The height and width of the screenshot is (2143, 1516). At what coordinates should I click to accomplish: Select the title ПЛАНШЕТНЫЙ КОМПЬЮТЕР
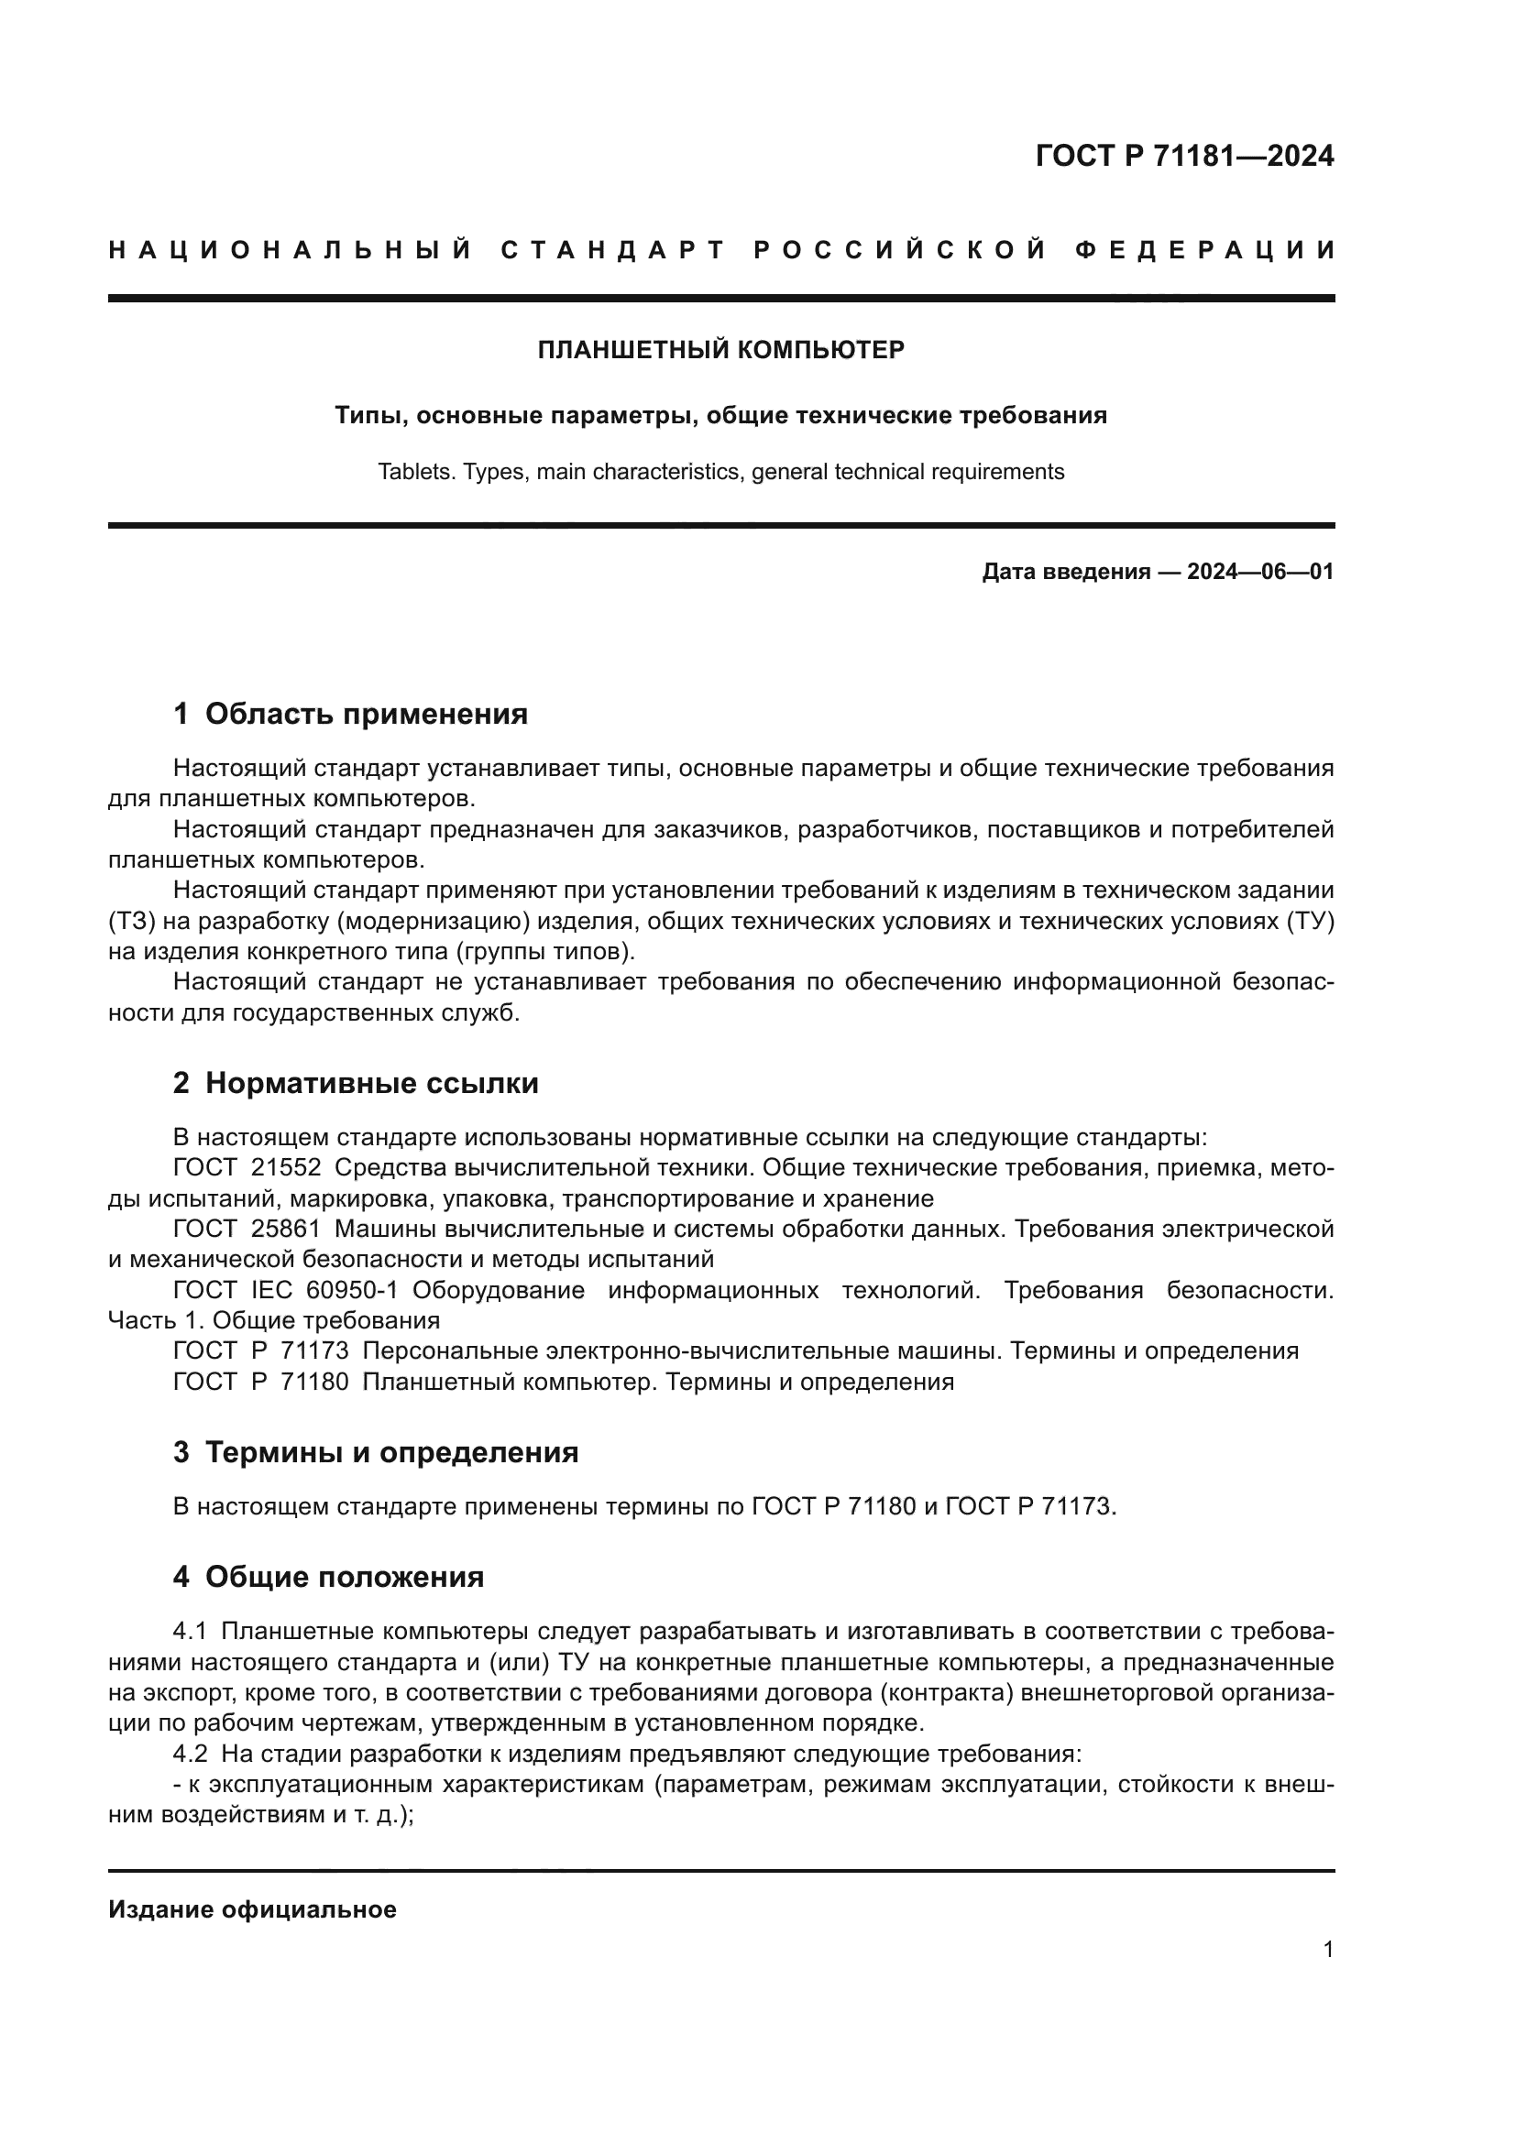click(720, 350)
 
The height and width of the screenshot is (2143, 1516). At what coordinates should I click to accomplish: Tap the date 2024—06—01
click(1260, 571)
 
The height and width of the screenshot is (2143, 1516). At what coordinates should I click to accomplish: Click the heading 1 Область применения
click(350, 714)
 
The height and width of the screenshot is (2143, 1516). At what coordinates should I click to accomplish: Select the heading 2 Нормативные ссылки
click(356, 1083)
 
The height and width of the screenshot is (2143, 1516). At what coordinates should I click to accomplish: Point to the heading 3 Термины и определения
click(375, 1452)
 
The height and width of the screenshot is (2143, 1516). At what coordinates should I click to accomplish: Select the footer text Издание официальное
click(252, 1909)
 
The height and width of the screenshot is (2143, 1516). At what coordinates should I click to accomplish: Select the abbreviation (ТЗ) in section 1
click(122, 921)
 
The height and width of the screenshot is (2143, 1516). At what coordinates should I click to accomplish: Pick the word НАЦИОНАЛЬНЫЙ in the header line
click(291, 250)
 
